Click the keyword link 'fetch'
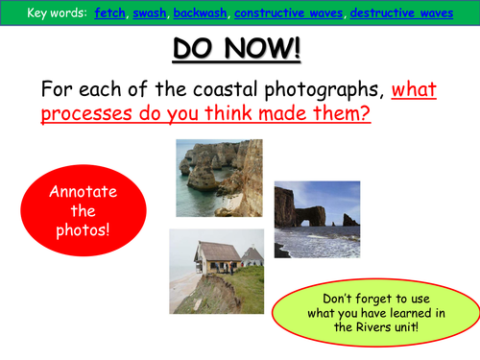coord(109,12)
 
